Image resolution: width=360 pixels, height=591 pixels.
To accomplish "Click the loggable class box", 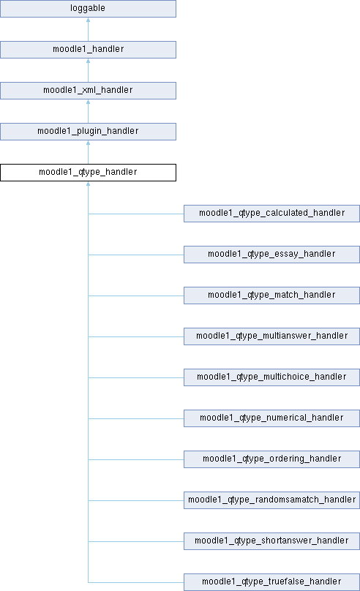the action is point(88,9).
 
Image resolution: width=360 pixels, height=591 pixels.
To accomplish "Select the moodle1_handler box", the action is point(88,50).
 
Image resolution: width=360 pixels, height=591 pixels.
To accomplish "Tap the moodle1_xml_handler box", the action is point(88,91).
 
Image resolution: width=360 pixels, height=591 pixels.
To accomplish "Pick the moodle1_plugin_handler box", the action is point(88,132).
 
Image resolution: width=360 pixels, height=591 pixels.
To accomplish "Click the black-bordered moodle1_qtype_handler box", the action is point(88,172).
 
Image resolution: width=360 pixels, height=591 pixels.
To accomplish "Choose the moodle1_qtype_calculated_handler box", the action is point(271,214).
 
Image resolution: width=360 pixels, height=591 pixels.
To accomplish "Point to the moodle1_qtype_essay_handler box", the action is point(271,255).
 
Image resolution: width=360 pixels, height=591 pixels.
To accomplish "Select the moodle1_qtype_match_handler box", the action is point(271,295).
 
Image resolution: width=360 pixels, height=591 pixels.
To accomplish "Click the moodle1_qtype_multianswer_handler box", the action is point(271,336).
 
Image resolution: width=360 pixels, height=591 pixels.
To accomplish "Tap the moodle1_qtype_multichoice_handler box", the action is point(271,377).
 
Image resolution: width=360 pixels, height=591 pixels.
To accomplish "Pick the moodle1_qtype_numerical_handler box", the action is point(271,418).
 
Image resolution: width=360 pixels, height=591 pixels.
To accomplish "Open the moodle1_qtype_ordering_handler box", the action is point(271,459).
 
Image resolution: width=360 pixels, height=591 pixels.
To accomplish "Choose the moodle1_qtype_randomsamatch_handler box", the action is point(271,500).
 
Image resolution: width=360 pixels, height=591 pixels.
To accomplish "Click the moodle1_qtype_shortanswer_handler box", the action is point(271,541).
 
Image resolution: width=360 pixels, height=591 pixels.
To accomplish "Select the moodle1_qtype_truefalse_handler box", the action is point(271,582).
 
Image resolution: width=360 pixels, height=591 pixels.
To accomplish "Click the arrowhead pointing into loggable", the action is point(89,20).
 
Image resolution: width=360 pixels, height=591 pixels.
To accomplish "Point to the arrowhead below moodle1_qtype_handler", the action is point(89,184).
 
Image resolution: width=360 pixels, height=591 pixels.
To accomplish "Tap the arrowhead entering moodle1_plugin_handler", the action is point(89,143).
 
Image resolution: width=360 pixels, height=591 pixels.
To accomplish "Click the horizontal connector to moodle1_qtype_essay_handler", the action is point(136,255).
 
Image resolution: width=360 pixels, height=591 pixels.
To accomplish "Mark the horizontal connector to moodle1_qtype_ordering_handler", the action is point(136,459).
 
